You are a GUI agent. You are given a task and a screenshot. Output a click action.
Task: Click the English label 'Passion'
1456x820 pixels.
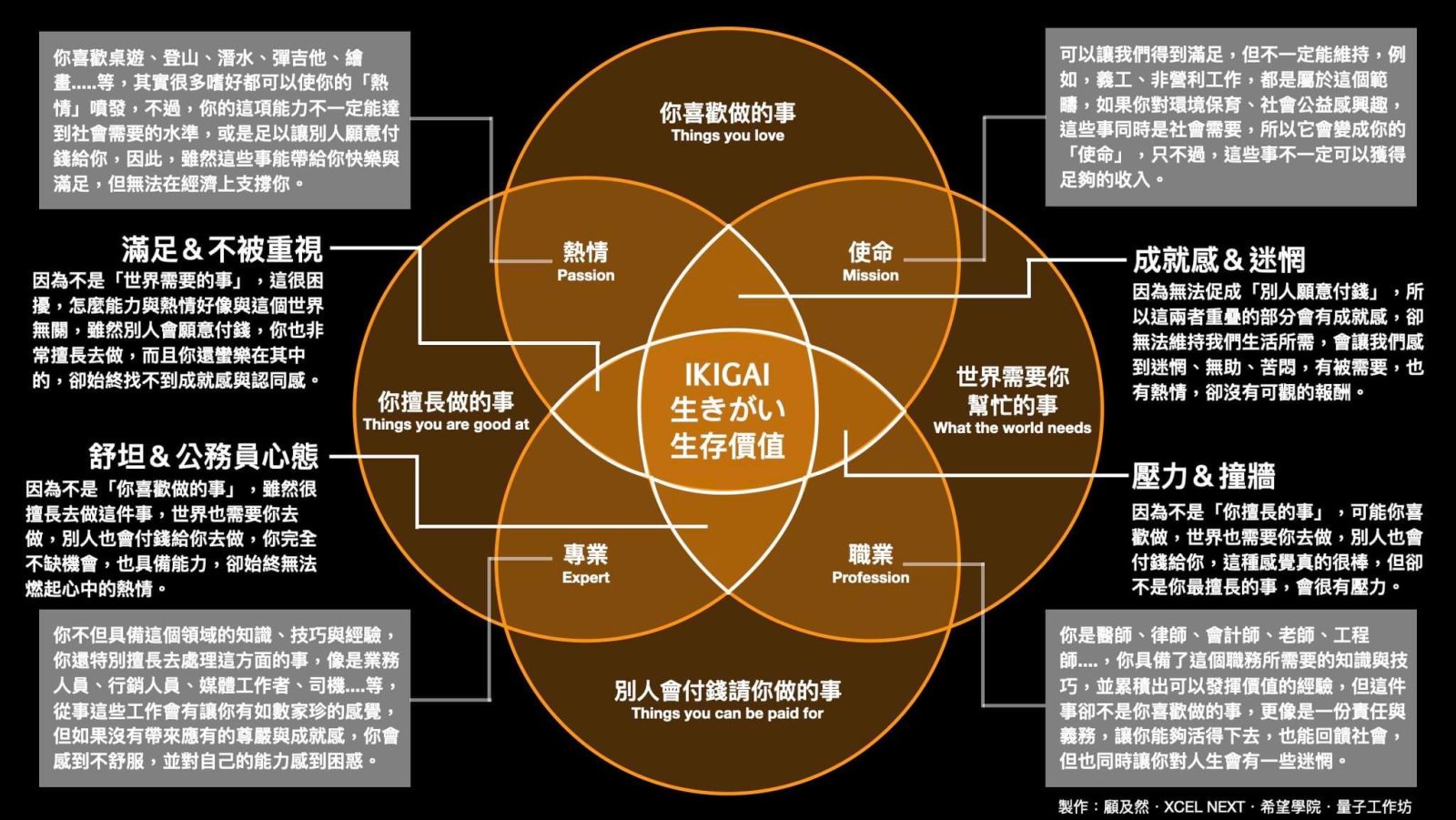tap(585, 276)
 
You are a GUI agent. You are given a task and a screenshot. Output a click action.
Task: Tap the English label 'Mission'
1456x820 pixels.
tap(870, 276)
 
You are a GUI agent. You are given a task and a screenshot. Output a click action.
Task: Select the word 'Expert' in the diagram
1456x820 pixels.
tap(585, 578)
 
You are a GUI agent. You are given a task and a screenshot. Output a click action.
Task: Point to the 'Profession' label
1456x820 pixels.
tap(870, 578)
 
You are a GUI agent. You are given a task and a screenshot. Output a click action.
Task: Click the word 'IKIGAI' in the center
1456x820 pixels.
tap(727, 375)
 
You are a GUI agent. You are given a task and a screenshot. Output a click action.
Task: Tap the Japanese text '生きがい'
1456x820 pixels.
tap(727, 410)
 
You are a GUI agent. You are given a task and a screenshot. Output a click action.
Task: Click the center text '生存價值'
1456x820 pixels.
tap(727, 446)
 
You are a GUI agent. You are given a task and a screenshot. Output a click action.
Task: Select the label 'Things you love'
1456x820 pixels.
tap(727, 136)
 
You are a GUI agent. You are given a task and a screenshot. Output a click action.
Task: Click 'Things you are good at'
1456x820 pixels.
tap(445, 424)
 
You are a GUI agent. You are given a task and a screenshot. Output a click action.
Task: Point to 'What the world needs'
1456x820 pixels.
tap(1012, 428)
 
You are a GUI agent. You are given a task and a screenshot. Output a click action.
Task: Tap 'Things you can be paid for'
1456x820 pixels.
tap(727, 714)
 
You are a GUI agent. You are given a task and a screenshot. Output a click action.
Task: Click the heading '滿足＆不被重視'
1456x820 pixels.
tap(222, 249)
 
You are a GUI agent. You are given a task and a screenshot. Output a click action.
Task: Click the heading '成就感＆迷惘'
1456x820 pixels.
tap(1218, 260)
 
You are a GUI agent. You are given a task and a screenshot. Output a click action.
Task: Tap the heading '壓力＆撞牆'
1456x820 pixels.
tap(1203, 476)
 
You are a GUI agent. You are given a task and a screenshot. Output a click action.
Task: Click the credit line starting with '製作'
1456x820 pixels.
tap(1234, 806)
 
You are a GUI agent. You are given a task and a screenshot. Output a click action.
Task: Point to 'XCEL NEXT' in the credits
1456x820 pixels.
tap(1203, 806)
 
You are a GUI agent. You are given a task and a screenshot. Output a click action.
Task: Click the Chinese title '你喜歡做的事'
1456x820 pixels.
tap(727, 113)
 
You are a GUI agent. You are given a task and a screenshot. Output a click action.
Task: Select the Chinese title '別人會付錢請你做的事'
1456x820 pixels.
tap(727, 691)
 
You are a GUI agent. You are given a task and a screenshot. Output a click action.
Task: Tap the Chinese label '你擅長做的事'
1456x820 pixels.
tap(445, 401)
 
